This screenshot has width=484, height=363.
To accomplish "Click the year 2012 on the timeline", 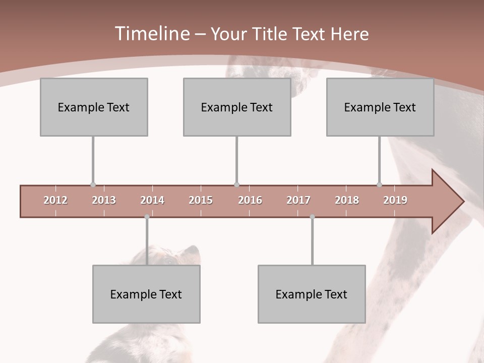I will pos(55,200).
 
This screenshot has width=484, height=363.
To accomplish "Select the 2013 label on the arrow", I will pos(104,200).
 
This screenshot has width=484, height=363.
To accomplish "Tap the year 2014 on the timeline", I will pos(152,200).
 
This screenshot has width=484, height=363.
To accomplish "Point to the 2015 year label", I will pos(201,200).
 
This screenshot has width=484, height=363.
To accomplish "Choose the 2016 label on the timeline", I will pos(250,200).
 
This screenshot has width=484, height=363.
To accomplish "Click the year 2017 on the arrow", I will pos(298,200).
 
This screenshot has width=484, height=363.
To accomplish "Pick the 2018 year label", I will pos(347,200).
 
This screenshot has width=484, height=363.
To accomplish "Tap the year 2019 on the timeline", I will pos(395,200).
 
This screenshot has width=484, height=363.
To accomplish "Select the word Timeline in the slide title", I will pos(151,34).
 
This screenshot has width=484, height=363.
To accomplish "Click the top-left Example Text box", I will pos(94,107).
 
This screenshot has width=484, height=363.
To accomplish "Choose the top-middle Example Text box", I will pos(237,107).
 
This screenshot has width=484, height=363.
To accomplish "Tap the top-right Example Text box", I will pos(380,107).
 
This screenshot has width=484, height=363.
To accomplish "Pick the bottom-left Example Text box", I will pos(146,294).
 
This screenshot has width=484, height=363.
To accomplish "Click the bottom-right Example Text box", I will pos(312,294).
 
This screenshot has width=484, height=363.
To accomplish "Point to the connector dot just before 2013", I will pos(93,185).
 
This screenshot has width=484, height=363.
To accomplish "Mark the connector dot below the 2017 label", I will pos(312,217).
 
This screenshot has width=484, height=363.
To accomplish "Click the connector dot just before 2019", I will pos(379,185).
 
